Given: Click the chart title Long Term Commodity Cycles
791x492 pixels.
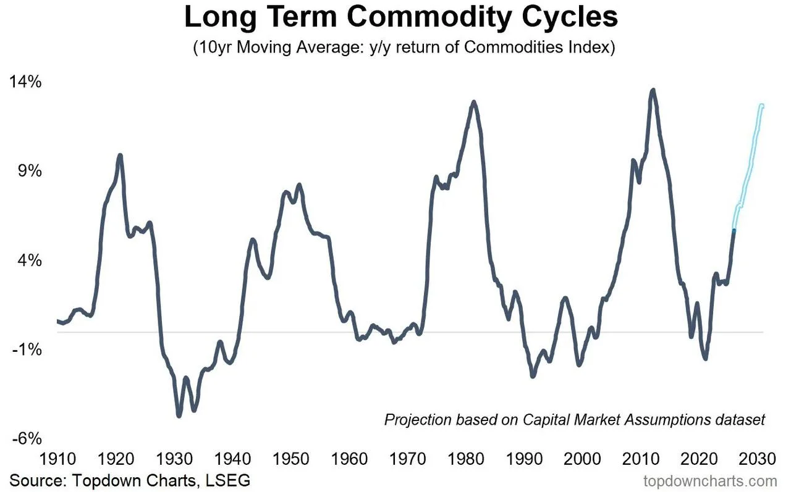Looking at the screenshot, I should [401, 17].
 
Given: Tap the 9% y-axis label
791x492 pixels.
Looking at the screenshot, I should [29, 171].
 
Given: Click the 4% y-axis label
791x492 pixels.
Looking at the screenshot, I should [29, 261].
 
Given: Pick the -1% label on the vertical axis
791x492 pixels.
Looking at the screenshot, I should [28, 349].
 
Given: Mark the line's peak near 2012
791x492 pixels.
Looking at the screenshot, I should [653, 90].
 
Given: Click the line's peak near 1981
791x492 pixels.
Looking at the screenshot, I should [474, 102].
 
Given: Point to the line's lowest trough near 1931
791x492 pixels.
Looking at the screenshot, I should [179, 415].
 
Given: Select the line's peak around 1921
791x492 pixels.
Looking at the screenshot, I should [119, 156].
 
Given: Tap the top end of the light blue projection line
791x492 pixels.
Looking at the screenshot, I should [762, 105].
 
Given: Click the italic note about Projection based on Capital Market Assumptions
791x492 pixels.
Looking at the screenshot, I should [574, 420].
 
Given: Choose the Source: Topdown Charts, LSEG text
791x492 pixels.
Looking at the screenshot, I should [130, 480].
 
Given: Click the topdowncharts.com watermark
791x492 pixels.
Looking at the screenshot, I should [710, 481].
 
